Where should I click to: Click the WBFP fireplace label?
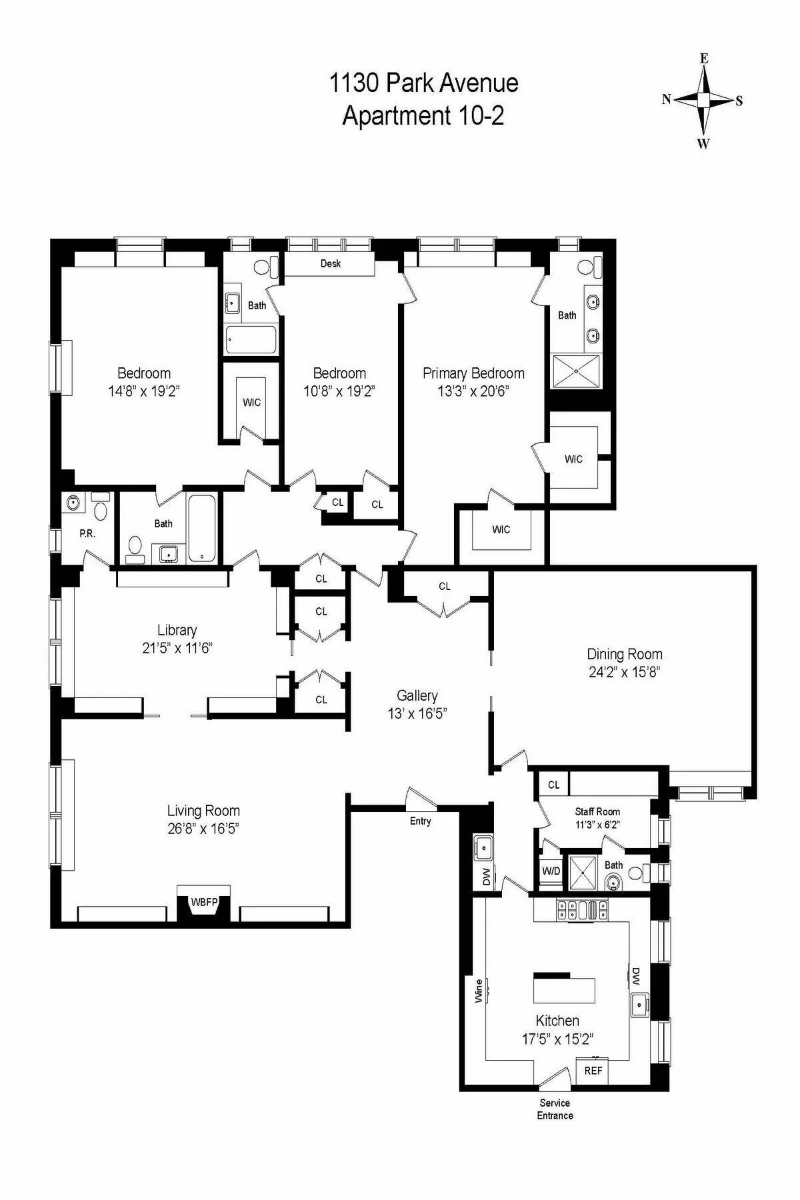(x=204, y=902)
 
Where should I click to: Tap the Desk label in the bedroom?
(x=331, y=263)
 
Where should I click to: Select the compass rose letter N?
(x=666, y=100)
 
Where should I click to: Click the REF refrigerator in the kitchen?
(x=593, y=1070)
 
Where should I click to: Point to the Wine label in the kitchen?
(x=478, y=991)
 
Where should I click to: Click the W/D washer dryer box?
(x=551, y=871)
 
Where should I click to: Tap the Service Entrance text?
(x=555, y=1109)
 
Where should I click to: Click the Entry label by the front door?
(x=420, y=821)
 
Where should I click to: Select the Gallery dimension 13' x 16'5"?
(x=417, y=713)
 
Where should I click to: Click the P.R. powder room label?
(x=87, y=534)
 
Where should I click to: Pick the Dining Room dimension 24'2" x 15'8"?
(x=624, y=672)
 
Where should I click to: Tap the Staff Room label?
(x=597, y=811)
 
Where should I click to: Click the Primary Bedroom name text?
(x=473, y=373)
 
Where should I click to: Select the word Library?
(x=177, y=629)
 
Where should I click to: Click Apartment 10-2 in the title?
(x=423, y=115)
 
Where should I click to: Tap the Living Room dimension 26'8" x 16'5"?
(x=203, y=828)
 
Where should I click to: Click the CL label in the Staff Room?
(x=553, y=785)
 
